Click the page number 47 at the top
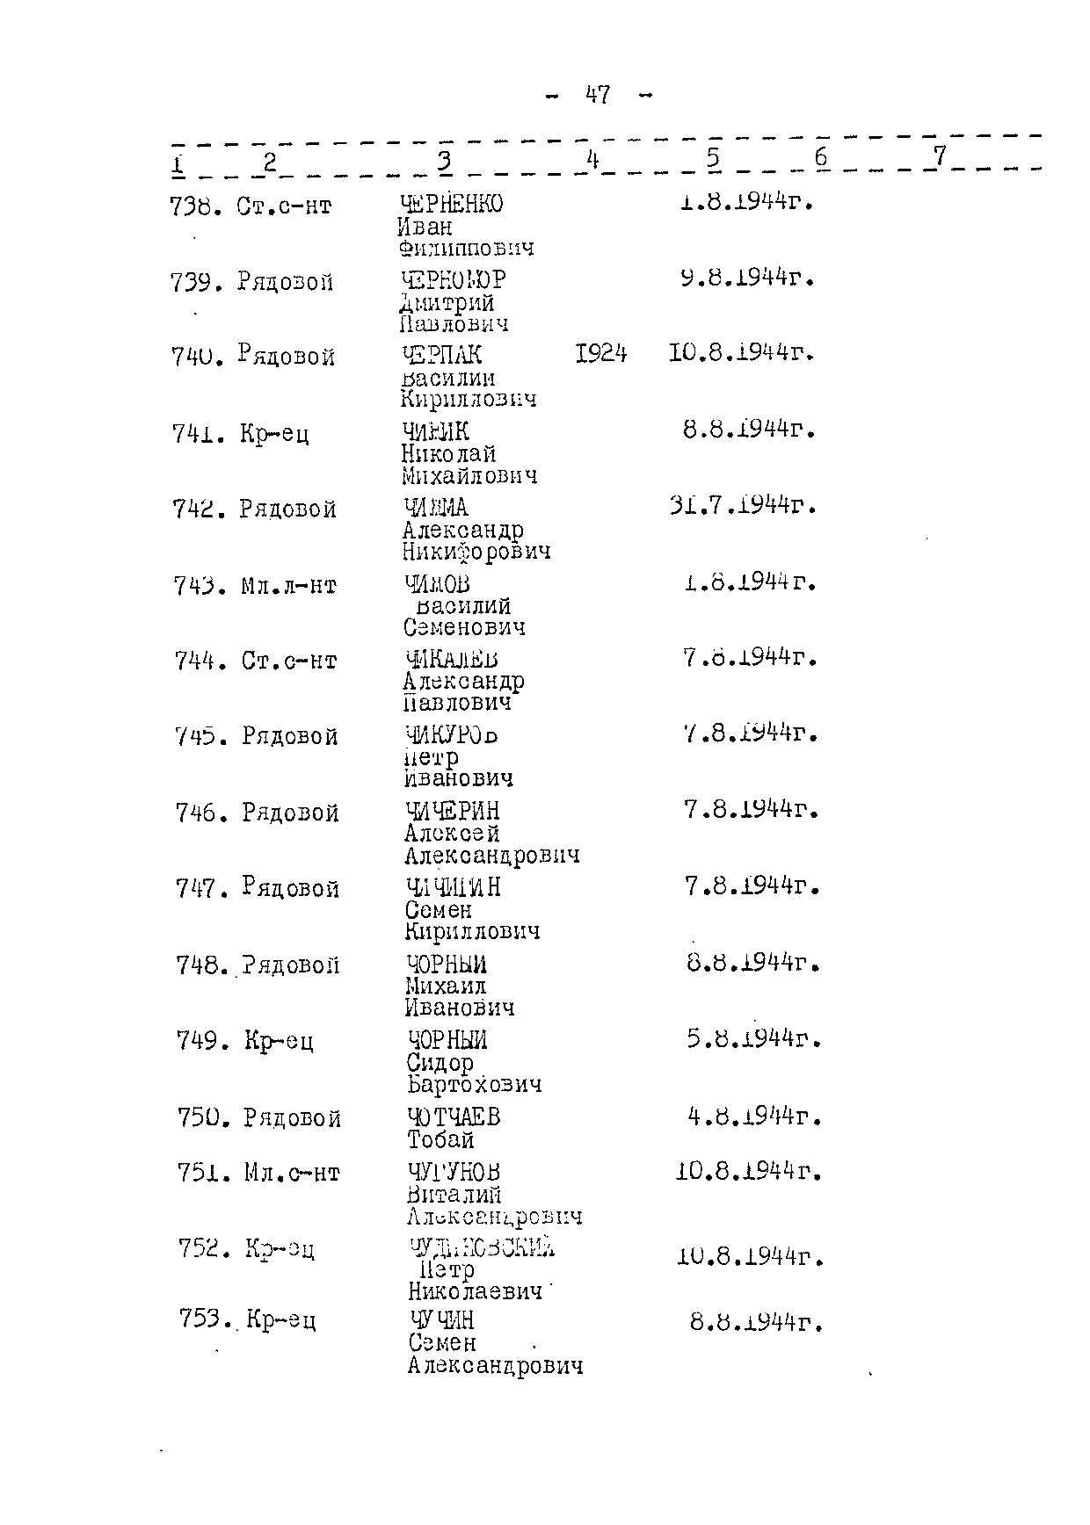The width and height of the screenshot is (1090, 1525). click(598, 95)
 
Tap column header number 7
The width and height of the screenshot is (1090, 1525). click(940, 156)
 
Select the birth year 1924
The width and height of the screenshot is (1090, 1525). click(601, 354)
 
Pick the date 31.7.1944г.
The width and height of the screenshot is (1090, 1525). click(744, 507)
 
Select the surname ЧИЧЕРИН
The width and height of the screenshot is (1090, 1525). click(452, 811)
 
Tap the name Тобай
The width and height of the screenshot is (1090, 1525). click(440, 1140)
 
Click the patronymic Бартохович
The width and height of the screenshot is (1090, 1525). click(475, 1085)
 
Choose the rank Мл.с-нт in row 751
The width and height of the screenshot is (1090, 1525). click(292, 1173)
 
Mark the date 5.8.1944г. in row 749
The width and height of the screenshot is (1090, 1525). click(754, 1040)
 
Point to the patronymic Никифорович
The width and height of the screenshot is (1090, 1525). click(476, 553)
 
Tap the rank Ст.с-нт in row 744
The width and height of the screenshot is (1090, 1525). click(289, 661)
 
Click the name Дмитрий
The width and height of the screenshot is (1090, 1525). click(447, 303)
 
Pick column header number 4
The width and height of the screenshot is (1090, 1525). click(592, 159)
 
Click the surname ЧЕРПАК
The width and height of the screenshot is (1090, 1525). click(441, 355)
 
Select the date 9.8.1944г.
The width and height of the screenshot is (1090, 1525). click(748, 278)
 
